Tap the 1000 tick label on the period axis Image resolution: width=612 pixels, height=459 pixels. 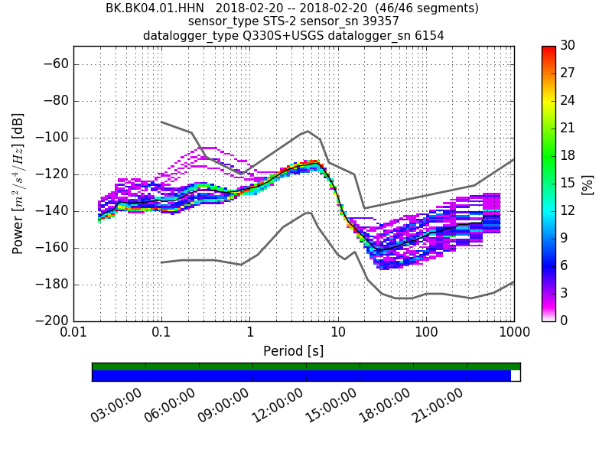(x=513, y=334)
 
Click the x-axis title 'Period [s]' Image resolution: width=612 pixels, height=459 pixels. (x=294, y=351)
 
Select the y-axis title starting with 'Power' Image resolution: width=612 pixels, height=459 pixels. (x=18, y=184)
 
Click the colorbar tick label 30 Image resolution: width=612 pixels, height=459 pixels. (x=568, y=46)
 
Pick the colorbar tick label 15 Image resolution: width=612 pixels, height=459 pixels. (x=568, y=184)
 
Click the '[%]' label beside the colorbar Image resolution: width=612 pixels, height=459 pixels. (x=588, y=184)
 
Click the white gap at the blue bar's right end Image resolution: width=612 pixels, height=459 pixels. (x=516, y=376)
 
